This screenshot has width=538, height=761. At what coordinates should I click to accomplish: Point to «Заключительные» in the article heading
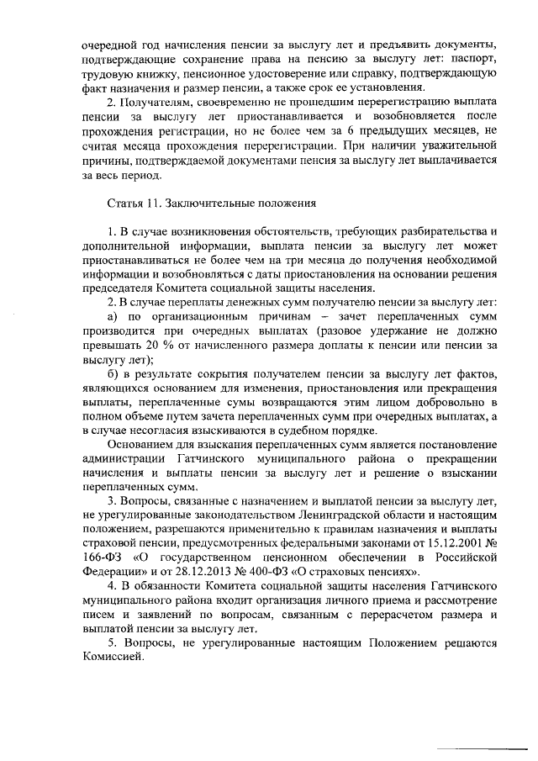point(217,203)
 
